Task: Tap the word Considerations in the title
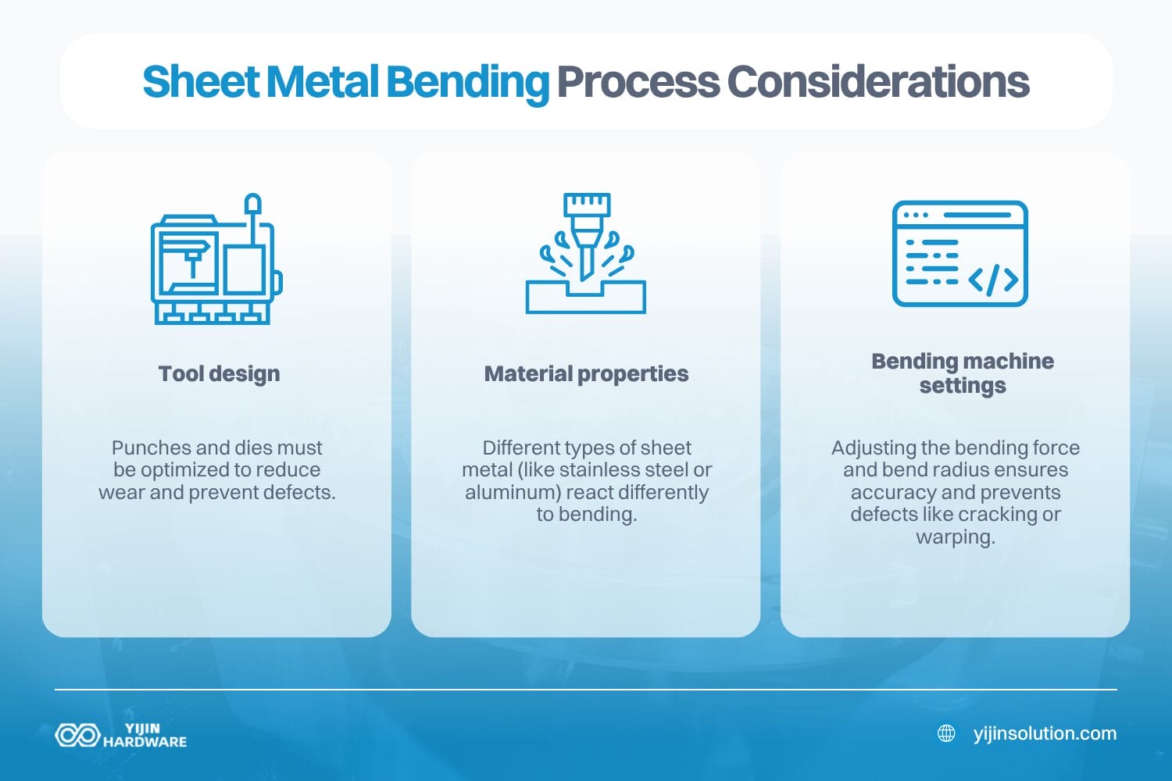(878, 82)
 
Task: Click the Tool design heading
(219, 374)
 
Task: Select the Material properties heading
(586, 374)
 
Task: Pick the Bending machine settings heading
(963, 373)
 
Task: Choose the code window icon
(959, 254)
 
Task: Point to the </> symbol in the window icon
(993, 280)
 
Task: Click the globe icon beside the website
(946, 733)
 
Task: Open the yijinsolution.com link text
(1045, 733)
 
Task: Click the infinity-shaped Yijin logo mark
(77, 735)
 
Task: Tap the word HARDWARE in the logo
(145, 742)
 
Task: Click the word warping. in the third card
(955, 537)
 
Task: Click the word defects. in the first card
(299, 493)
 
